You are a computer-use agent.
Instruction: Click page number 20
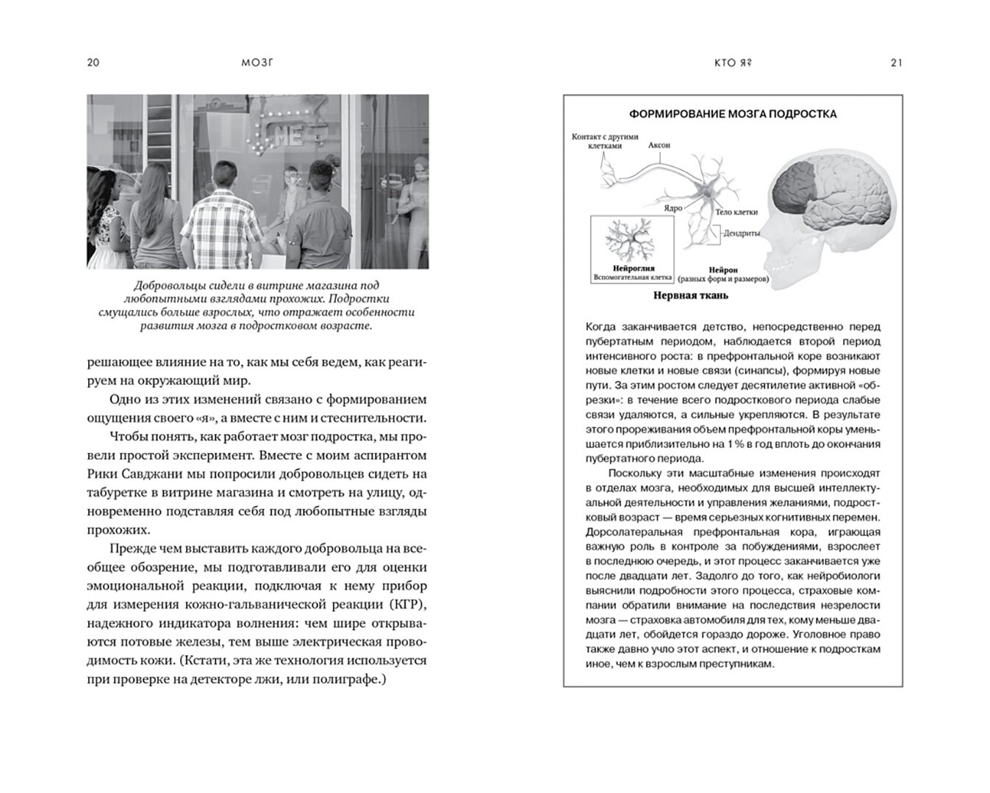pos(93,62)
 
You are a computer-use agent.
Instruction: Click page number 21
pos(896,62)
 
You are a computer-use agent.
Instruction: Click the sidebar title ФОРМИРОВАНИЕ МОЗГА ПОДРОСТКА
pos(733,114)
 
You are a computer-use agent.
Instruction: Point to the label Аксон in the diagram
pos(659,145)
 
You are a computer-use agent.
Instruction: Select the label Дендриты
pos(741,233)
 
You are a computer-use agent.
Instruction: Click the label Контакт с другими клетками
pos(605,140)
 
